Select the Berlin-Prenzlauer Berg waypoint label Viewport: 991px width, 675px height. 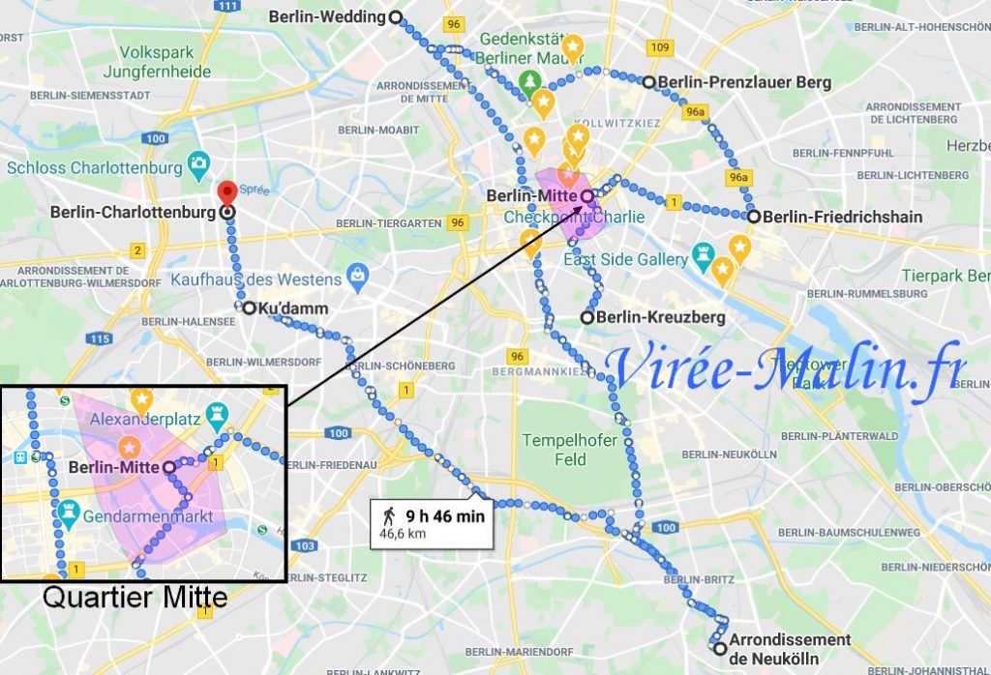[744, 83]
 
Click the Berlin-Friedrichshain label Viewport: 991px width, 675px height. [842, 217]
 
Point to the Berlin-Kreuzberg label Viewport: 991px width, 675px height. [660, 317]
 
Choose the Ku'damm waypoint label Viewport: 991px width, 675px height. [293, 308]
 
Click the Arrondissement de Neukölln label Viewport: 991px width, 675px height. [790, 648]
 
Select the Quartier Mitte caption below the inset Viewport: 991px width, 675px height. [135, 598]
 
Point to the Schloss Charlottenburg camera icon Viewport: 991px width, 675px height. [199, 162]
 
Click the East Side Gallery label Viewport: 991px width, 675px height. [625, 259]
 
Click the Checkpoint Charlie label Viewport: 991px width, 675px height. [575, 217]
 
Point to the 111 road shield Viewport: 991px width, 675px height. [228, 6]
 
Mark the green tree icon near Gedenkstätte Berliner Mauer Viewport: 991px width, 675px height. [529, 79]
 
